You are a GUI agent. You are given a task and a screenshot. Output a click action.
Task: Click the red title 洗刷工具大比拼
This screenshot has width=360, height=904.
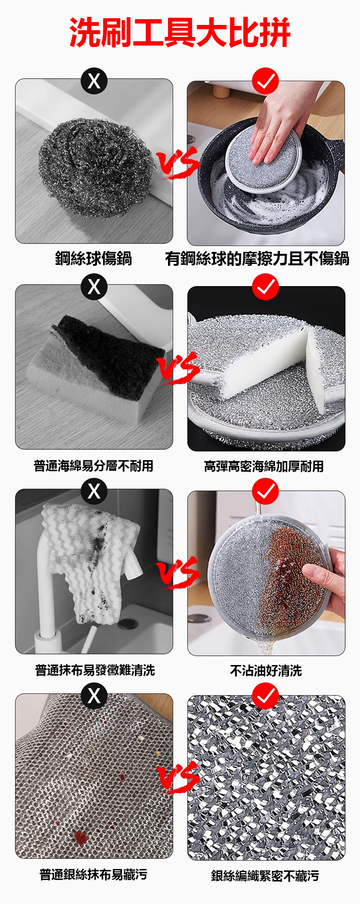coord(180,33)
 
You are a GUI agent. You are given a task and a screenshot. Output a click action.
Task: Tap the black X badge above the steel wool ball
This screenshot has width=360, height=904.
coord(94,81)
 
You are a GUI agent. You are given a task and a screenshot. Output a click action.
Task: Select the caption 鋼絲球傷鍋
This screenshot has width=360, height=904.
coord(93,259)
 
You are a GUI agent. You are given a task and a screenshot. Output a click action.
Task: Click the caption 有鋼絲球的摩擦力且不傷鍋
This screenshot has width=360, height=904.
coord(257,259)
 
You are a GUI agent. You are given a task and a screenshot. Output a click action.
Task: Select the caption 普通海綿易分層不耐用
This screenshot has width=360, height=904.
coord(93,465)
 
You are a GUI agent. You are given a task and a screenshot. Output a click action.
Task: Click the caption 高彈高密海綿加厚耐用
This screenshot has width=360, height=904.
coord(264,466)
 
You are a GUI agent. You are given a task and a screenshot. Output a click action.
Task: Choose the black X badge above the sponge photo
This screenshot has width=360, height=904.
coord(94,286)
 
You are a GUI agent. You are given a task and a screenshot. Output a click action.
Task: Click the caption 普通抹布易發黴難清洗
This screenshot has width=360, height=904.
coord(95,670)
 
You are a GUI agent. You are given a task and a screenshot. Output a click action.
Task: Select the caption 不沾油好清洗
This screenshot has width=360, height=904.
coord(266,670)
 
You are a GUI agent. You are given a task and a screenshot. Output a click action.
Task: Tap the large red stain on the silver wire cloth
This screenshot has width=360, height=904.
coord(81,838)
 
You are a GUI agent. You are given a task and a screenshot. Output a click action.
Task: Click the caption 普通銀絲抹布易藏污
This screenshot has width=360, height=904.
coord(93,874)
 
